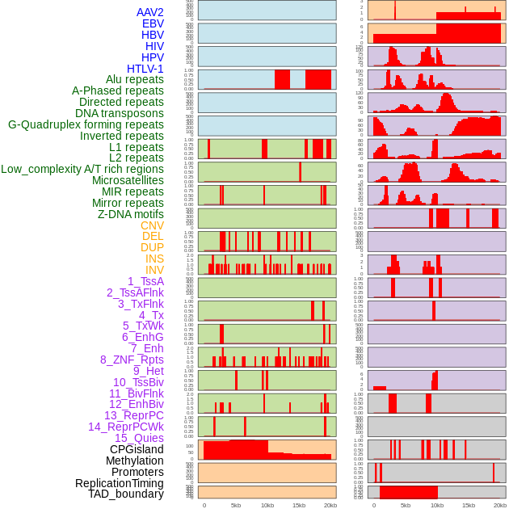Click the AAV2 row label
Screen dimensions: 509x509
(x=149, y=12)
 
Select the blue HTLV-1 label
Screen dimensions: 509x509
(x=145, y=69)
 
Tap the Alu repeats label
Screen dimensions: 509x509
(x=135, y=79)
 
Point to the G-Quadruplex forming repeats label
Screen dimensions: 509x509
(x=86, y=124)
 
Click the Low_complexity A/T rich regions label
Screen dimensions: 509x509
(x=82, y=169)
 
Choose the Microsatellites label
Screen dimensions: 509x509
(x=128, y=180)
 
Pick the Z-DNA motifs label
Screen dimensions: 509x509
(x=130, y=214)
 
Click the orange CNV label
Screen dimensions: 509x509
(x=152, y=225)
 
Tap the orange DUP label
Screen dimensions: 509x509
(x=152, y=247)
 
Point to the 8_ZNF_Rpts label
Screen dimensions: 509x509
(x=132, y=360)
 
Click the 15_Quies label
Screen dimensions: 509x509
(x=138, y=438)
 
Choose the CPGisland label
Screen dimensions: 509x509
(x=137, y=449)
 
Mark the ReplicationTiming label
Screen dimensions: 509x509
(x=120, y=483)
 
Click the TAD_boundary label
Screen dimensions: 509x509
(x=126, y=494)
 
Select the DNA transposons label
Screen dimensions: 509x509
(x=120, y=113)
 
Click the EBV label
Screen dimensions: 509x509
(x=153, y=23)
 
